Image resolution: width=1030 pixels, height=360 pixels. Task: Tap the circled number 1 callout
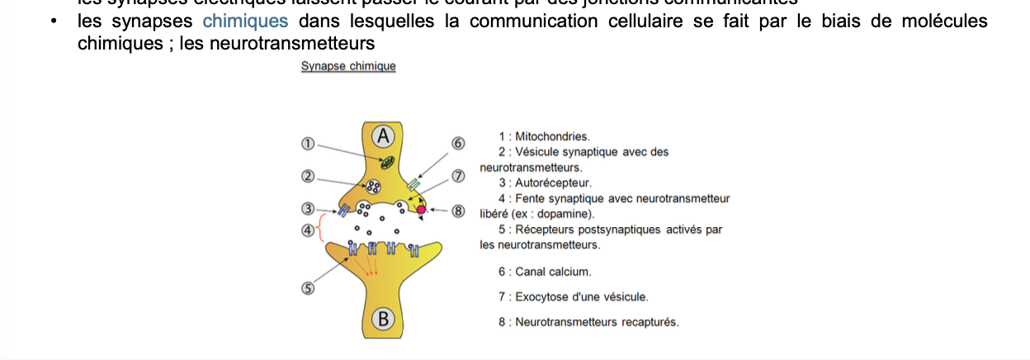click(x=308, y=144)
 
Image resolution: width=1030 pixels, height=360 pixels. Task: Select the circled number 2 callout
click(x=308, y=177)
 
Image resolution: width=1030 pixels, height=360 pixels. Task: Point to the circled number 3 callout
click(x=308, y=210)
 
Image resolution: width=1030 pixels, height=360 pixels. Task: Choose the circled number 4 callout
click(x=308, y=230)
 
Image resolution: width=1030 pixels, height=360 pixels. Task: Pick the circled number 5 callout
click(x=308, y=288)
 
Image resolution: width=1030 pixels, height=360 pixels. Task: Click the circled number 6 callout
click(x=459, y=144)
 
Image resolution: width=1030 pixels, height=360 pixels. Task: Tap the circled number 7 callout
click(x=459, y=176)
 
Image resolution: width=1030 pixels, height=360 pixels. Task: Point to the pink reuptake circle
click(x=421, y=210)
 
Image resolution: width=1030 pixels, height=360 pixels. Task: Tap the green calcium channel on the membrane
click(x=413, y=184)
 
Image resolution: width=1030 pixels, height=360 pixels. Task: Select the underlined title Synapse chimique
click(x=348, y=66)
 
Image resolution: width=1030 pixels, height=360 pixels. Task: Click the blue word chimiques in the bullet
click(x=245, y=21)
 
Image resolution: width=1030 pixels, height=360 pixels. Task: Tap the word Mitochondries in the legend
click(x=552, y=136)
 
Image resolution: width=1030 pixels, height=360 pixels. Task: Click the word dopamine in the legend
click(x=564, y=214)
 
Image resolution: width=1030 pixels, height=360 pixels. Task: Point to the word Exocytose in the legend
click(x=541, y=297)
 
